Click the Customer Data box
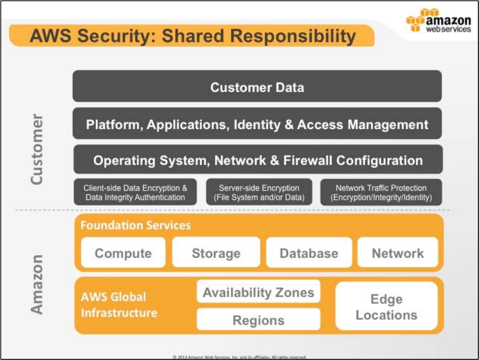click(x=257, y=87)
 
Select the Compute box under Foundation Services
click(x=123, y=253)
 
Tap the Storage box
click(x=216, y=253)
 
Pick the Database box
click(x=308, y=253)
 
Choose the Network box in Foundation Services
click(x=397, y=253)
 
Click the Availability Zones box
click(x=258, y=292)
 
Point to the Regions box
click(x=258, y=320)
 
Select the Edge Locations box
click(x=386, y=307)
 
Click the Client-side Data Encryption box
click(x=135, y=192)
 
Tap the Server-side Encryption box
click(x=259, y=192)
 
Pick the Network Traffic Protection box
click(x=381, y=192)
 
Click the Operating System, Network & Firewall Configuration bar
click(x=258, y=161)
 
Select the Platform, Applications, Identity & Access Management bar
click(x=257, y=124)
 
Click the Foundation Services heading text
click(x=136, y=225)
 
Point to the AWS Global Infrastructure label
click(x=119, y=305)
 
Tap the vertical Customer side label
click(x=36, y=149)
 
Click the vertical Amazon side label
click(x=36, y=284)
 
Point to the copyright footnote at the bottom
click(x=239, y=357)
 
